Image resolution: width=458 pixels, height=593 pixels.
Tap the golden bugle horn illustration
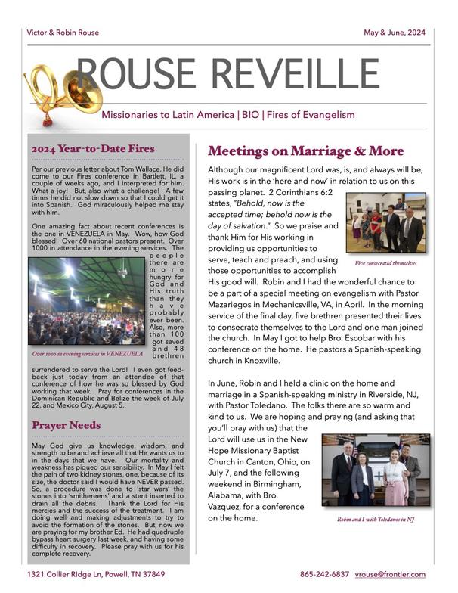tap(53, 89)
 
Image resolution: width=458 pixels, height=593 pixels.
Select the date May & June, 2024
tap(395, 33)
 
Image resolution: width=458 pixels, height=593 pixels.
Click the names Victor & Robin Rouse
tap(63, 33)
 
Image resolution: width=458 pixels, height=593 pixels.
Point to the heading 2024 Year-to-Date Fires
tap(93, 148)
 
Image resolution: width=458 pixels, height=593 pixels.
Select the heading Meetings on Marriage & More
tap(306, 151)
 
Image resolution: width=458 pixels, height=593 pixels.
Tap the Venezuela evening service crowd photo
tap(85, 301)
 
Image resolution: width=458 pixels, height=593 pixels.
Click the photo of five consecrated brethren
tap(385, 223)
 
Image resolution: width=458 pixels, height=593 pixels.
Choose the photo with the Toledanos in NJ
tap(376, 470)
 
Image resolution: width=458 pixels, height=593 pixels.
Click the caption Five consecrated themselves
tap(385, 263)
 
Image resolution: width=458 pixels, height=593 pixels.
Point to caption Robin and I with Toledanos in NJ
tap(376, 520)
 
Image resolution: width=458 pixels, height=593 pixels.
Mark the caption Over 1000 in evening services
tap(88, 352)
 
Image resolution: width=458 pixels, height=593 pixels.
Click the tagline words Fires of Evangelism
tap(309, 115)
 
